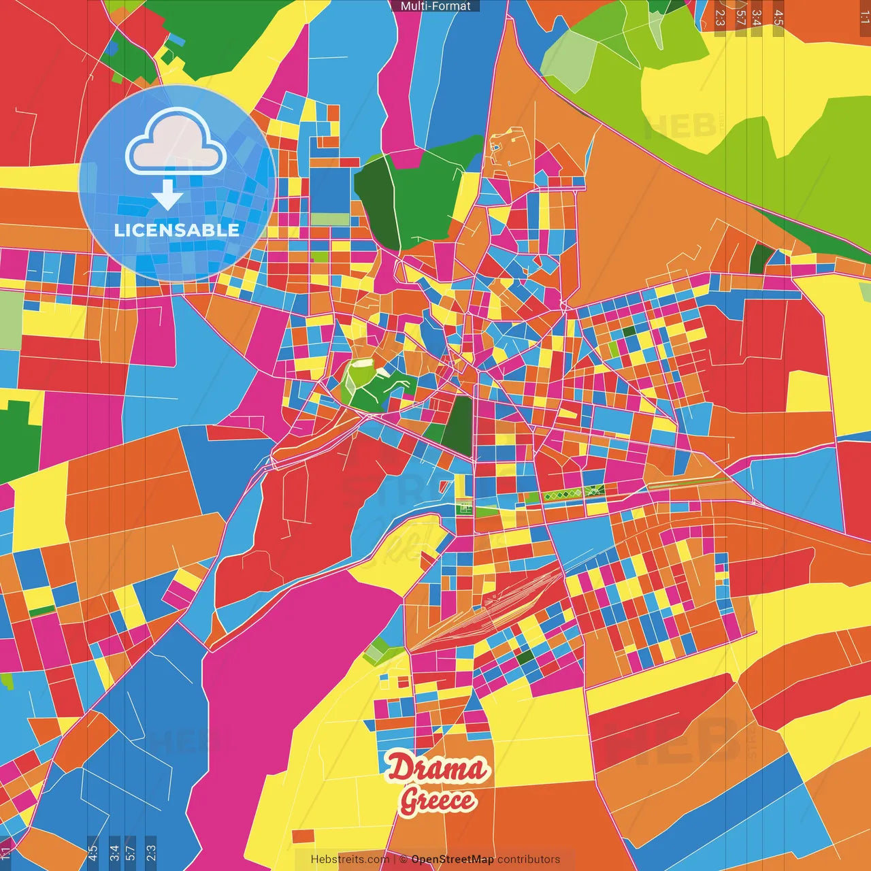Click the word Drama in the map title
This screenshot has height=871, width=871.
(438, 769)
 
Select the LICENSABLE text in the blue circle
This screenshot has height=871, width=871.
(176, 230)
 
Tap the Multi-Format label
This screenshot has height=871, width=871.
(435, 6)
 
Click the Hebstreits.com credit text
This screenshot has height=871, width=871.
(350, 859)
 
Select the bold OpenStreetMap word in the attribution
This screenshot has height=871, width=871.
(452, 859)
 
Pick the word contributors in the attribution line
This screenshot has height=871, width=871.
(529, 859)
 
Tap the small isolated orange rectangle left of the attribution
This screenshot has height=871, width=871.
(303, 836)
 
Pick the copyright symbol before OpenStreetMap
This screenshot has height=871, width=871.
(404, 859)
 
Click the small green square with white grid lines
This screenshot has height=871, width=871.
(465, 507)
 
